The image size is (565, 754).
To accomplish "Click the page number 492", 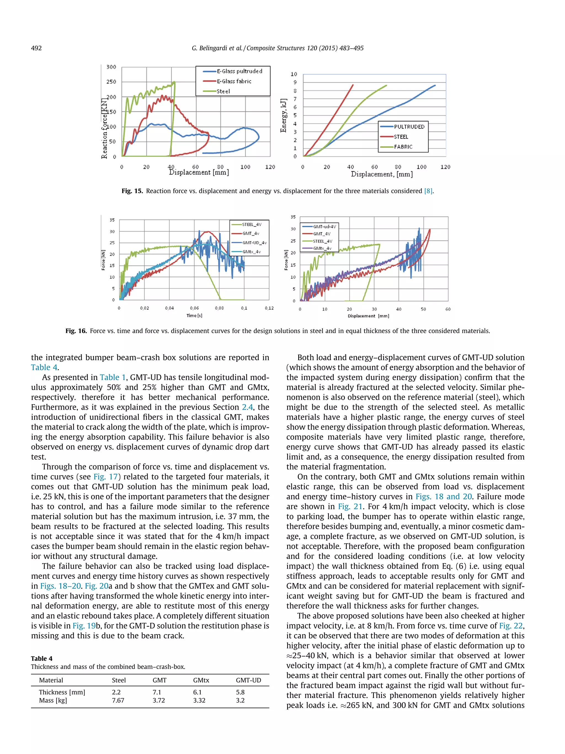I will point(36,48).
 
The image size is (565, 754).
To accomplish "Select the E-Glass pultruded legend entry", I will point(239,71).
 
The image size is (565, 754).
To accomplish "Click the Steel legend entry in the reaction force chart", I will point(223,91).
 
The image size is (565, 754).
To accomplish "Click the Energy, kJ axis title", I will point(283,116).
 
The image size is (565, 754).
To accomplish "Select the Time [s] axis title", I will point(194,316).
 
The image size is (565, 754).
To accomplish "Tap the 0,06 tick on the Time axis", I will point(194,308).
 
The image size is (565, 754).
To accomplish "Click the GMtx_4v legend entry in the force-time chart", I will point(251,252).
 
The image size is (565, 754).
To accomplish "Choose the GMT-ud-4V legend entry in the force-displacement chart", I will point(324,227).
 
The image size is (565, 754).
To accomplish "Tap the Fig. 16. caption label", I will point(76,331).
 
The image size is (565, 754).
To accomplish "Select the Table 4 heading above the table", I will point(42,658).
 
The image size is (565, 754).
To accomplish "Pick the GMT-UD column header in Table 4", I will point(248,680).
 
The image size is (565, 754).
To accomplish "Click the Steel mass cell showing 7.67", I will point(118,700).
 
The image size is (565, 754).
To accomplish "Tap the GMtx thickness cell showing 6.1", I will point(197,692).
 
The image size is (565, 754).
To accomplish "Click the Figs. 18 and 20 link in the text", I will point(443,497).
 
